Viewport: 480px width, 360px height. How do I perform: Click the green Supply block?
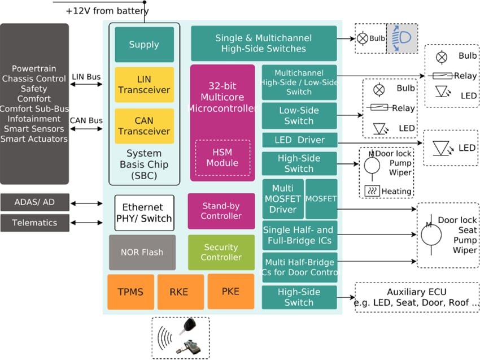tap(144, 45)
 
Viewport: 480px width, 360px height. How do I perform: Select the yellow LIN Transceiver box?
tap(144, 85)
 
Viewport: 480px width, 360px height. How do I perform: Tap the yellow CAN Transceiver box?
tap(144, 126)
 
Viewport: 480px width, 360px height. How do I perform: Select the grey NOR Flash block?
tap(142, 252)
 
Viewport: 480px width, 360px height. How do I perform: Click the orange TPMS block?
tap(130, 292)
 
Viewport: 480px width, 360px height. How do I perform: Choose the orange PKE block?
tap(230, 292)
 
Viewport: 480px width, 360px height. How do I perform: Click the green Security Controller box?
tap(221, 252)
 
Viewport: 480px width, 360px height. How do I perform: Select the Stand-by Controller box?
tap(221, 211)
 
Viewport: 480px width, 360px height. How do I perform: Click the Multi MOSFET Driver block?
tap(283, 199)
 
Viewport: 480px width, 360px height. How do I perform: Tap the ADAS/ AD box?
tap(34, 202)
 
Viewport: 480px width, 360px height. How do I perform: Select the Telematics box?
tap(34, 223)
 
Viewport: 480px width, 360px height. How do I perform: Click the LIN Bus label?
tap(87, 77)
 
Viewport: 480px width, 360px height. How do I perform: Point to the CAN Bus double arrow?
tap(86, 129)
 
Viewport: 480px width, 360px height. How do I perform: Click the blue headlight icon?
tap(402, 38)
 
